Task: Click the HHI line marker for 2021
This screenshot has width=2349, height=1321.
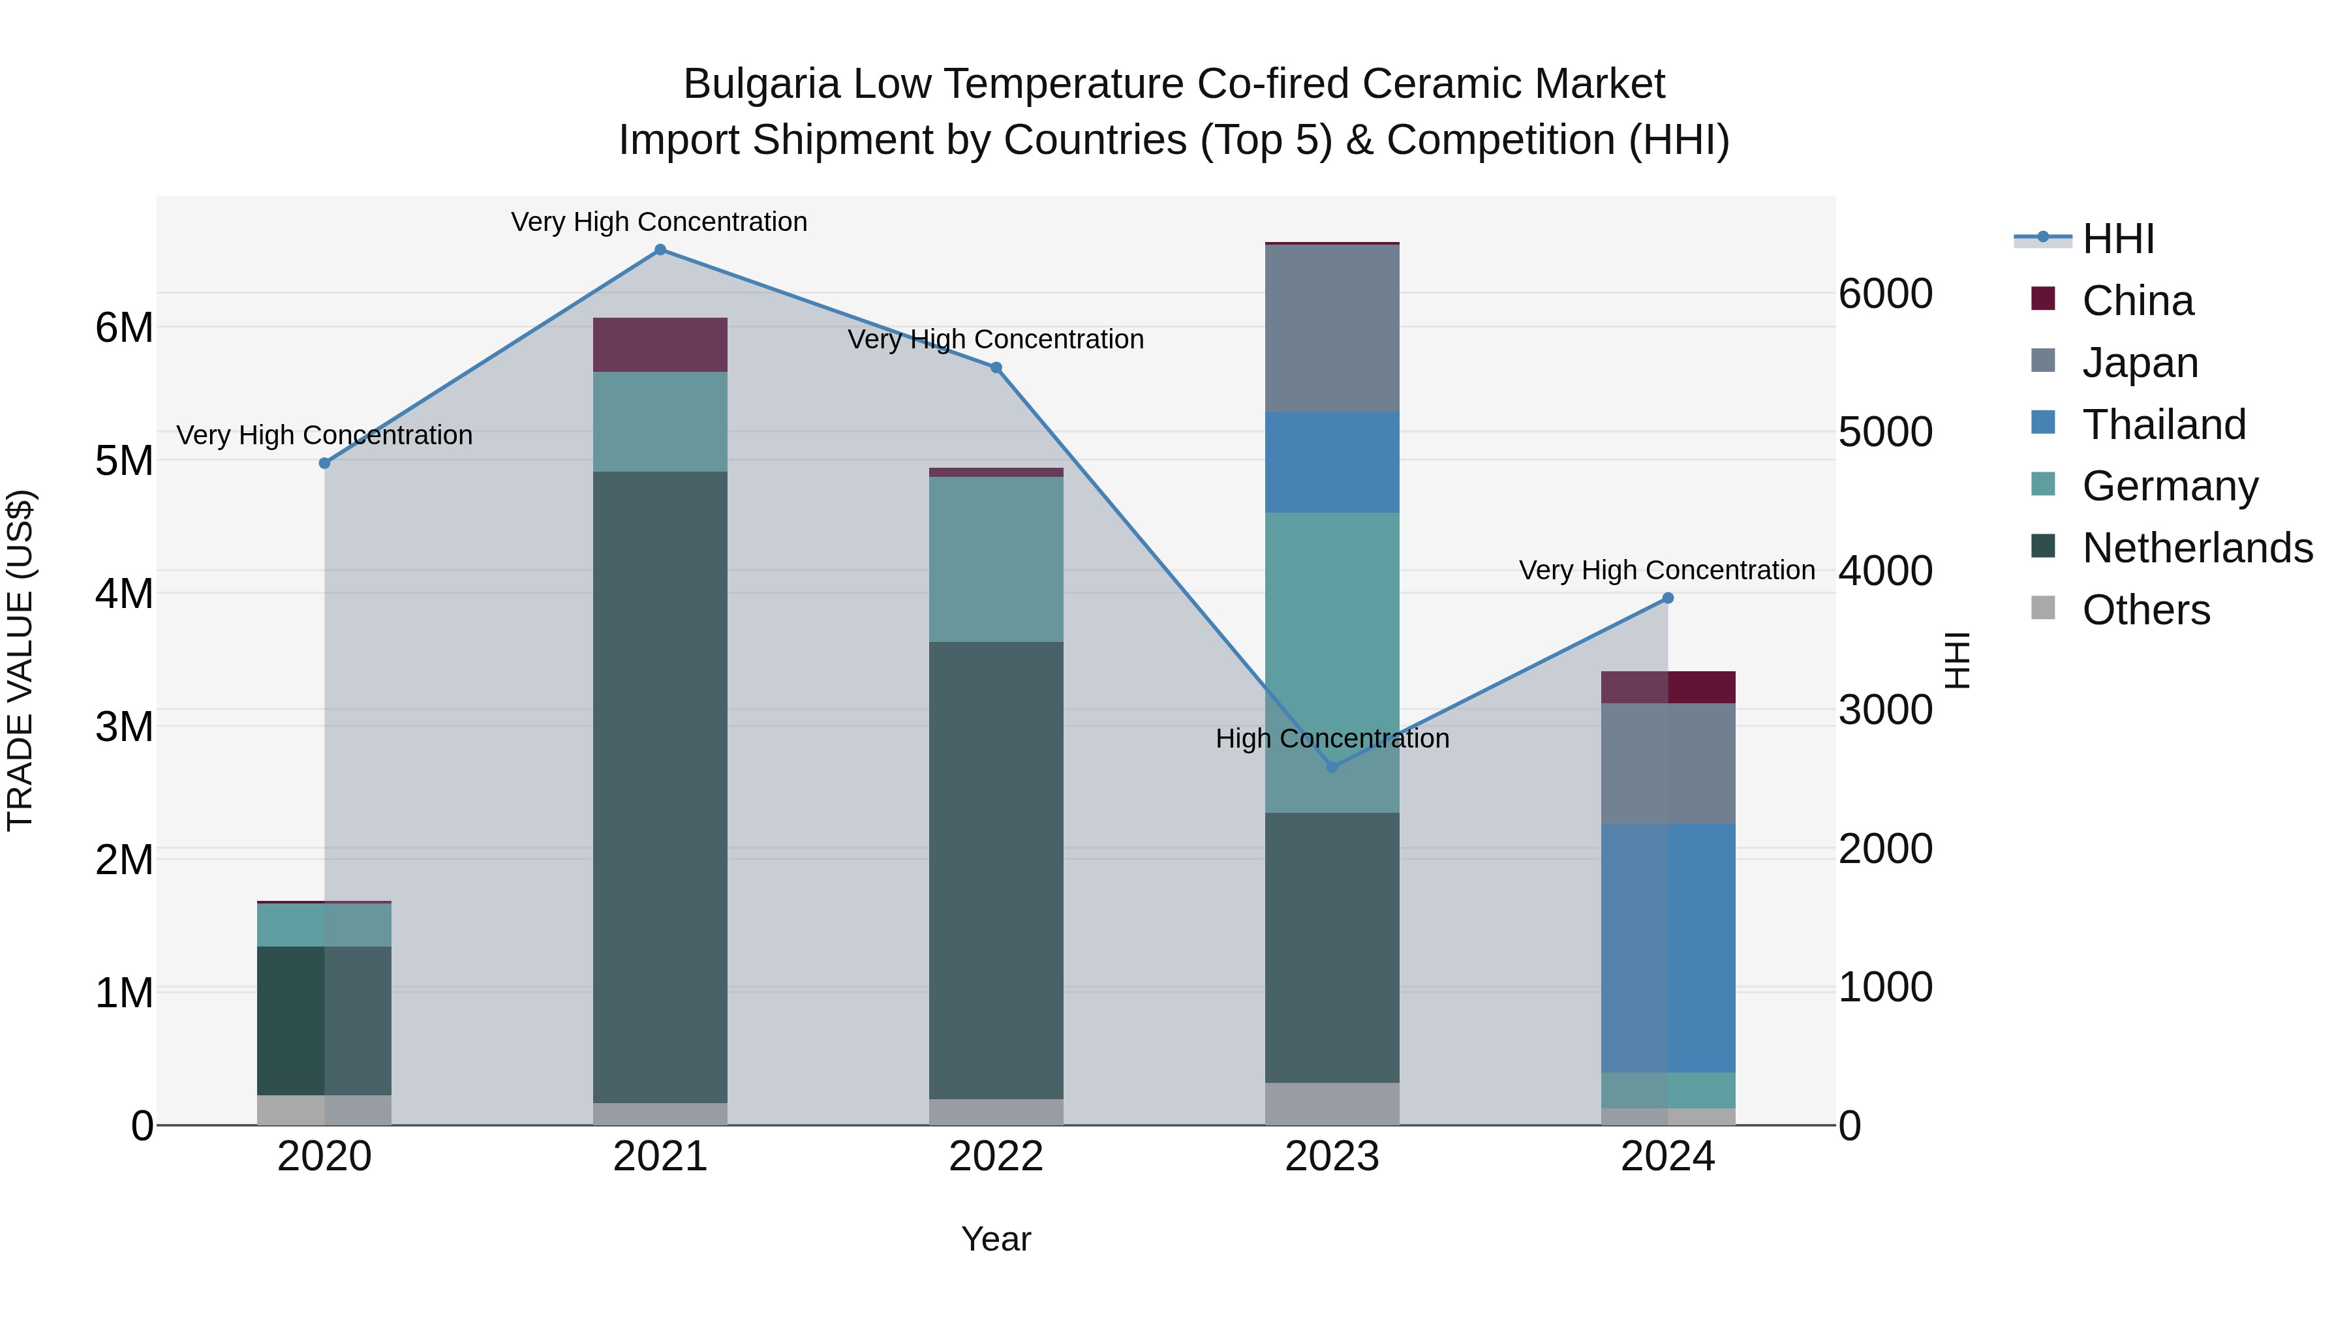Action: [660, 250]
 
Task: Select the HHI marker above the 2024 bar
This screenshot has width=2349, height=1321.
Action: [1668, 598]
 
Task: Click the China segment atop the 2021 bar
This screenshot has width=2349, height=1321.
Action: [660, 344]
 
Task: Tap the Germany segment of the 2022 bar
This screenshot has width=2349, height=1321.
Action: [996, 559]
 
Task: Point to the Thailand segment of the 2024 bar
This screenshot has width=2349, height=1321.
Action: [1668, 948]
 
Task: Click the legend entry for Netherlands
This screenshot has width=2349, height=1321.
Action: [2198, 548]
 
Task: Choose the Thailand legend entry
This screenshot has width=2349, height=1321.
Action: [2164, 425]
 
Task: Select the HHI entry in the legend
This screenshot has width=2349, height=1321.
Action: [2118, 239]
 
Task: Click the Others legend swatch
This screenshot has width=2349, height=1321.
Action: [2044, 608]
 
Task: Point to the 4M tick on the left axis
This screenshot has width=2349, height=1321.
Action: [124, 594]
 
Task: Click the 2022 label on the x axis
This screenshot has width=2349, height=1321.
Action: [996, 1157]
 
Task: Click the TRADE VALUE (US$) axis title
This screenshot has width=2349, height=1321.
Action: [20, 660]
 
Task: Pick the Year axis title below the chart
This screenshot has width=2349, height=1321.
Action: [996, 1239]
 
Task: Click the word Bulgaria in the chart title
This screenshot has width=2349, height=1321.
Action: [761, 84]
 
